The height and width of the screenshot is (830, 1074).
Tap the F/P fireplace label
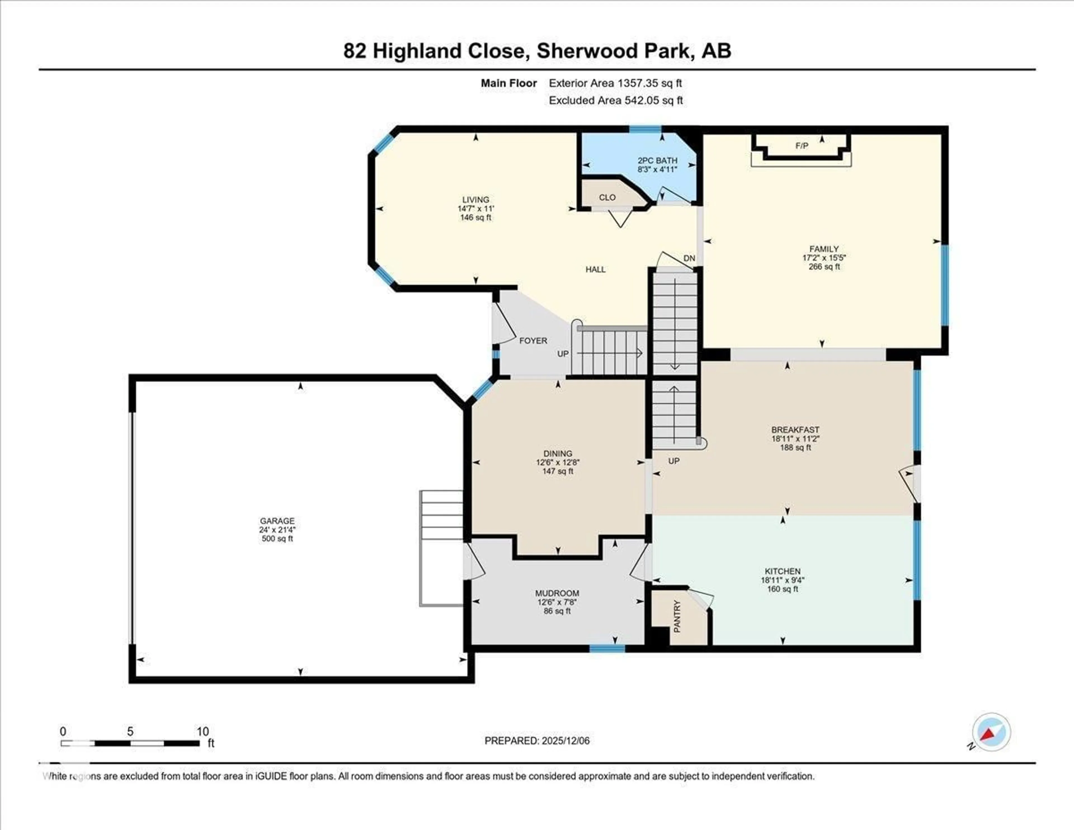[x=802, y=146]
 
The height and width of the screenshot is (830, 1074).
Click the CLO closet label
[x=607, y=197]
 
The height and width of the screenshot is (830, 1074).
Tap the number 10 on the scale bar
[x=202, y=731]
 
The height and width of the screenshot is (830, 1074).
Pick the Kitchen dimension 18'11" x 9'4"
[x=782, y=580]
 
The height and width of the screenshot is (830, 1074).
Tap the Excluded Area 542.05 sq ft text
[x=616, y=100]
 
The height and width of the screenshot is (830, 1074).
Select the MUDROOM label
[x=557, y=593]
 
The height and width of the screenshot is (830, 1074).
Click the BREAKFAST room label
[x=795, y=430]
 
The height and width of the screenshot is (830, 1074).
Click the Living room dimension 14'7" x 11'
[x=475, y=208]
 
